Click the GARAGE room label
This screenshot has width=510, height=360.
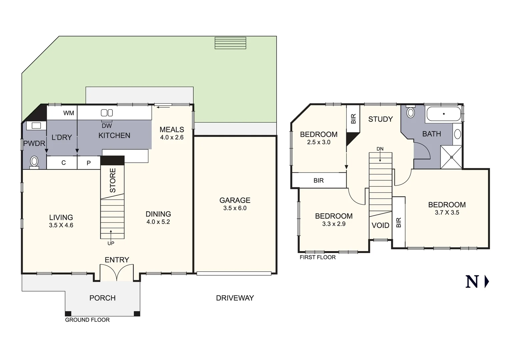coord(234,200)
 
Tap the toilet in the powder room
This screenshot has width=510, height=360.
coord(34,162)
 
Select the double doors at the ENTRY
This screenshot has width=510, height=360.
coord(117,273)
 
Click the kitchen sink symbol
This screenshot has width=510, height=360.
coord(107,113)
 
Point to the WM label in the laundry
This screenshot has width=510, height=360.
coord(69,113)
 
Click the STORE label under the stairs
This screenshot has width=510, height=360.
coord(113,180)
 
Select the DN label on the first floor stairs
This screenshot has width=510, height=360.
coord(380,149)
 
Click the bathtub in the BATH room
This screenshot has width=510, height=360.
coord(443,114)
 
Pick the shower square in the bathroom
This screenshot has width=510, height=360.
coord(451,157)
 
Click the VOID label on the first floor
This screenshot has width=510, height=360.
coord(380,225)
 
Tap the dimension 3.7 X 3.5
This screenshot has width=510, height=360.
coord(447,213)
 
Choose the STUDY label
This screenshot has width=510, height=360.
coord(380,119)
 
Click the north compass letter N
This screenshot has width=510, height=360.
coord(472,282)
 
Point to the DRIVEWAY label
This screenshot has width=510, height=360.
coord(235,298)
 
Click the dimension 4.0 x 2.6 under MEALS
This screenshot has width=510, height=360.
coord(172,137)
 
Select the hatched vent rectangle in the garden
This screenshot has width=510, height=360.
coord(230,43)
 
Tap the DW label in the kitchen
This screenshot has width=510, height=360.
coord(107,126)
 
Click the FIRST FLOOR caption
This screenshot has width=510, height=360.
coord(318,257)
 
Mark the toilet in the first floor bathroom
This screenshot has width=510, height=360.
coord(411,112)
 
